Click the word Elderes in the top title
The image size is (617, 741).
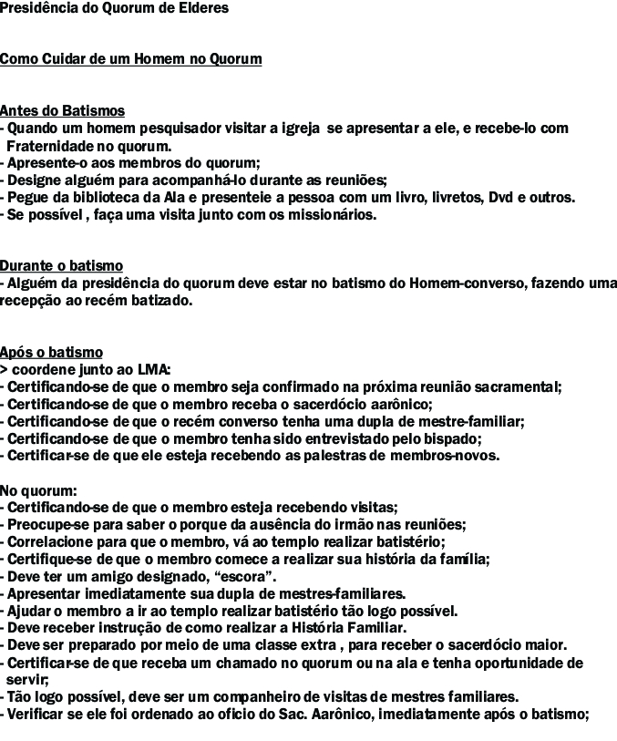204,8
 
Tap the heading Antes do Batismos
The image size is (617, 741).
63,111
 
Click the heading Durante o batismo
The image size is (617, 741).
62,266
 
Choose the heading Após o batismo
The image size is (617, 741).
52,352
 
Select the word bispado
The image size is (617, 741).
452,438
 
